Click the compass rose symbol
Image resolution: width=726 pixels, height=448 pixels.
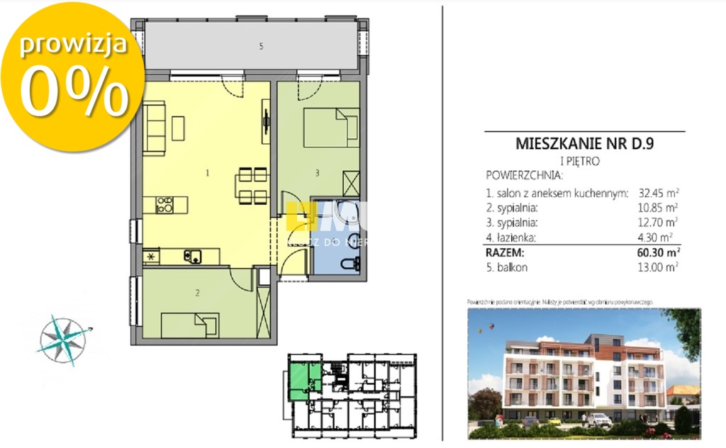tap(64, 339)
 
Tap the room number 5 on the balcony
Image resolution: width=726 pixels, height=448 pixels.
tap(261, 47)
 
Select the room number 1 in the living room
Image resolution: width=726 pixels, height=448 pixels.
tap(207, 172)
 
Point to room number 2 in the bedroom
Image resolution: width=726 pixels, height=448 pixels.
tap(197, 291)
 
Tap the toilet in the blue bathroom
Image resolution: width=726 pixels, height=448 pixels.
tap(347, 264)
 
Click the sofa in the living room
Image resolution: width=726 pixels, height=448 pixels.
tap(154, 128)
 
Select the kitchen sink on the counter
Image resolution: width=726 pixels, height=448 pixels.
tap(191, 255)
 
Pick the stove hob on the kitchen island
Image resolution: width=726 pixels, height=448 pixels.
tap(164, 205)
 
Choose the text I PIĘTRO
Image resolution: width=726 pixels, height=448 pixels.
tap(579, 161)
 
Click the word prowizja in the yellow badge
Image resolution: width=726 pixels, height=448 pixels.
tap(73, 44)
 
